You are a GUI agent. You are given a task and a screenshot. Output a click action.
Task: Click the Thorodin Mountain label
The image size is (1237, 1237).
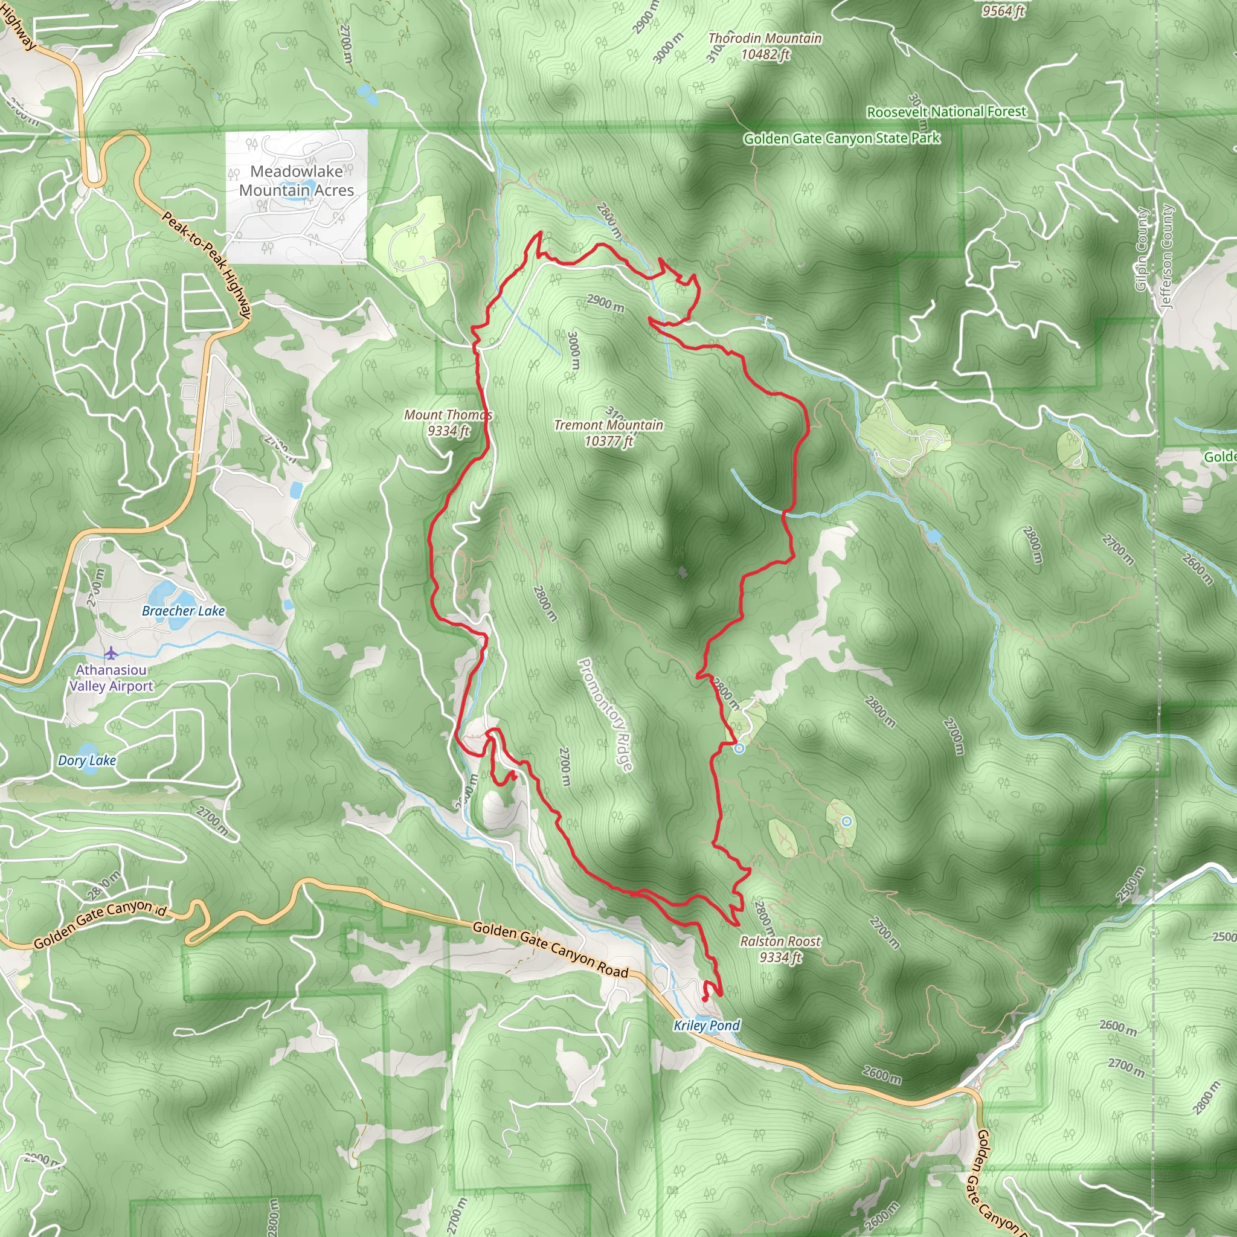(765, 46)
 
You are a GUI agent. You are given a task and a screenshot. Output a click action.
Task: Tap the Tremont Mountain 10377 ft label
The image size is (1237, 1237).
(608, 433)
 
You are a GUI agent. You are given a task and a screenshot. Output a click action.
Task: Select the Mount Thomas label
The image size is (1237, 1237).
(448, 423)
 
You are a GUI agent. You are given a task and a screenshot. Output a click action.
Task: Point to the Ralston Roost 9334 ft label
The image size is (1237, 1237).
(780, 949)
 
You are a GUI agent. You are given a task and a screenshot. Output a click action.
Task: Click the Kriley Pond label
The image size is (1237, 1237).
(706, 1026)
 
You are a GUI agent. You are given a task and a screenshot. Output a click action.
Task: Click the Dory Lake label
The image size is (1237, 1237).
(87, 760)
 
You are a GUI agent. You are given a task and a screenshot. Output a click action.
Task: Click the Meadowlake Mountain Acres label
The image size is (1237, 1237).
(297, 181)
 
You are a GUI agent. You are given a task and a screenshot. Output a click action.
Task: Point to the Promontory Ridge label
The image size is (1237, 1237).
(605, 715)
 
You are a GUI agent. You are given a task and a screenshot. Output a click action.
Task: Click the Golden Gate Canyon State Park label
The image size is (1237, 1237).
(841, 138)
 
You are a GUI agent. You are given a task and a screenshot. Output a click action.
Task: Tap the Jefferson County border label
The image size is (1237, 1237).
(1166, 256)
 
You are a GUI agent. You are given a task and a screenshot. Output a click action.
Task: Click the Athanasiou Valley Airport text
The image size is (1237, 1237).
(111, 678)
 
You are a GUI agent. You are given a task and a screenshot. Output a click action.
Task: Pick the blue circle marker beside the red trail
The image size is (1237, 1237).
(739, 748)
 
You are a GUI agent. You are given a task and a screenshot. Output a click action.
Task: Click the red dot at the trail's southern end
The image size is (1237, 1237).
(704, 999)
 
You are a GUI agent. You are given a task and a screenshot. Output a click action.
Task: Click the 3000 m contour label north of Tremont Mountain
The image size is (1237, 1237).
(574, 350)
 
